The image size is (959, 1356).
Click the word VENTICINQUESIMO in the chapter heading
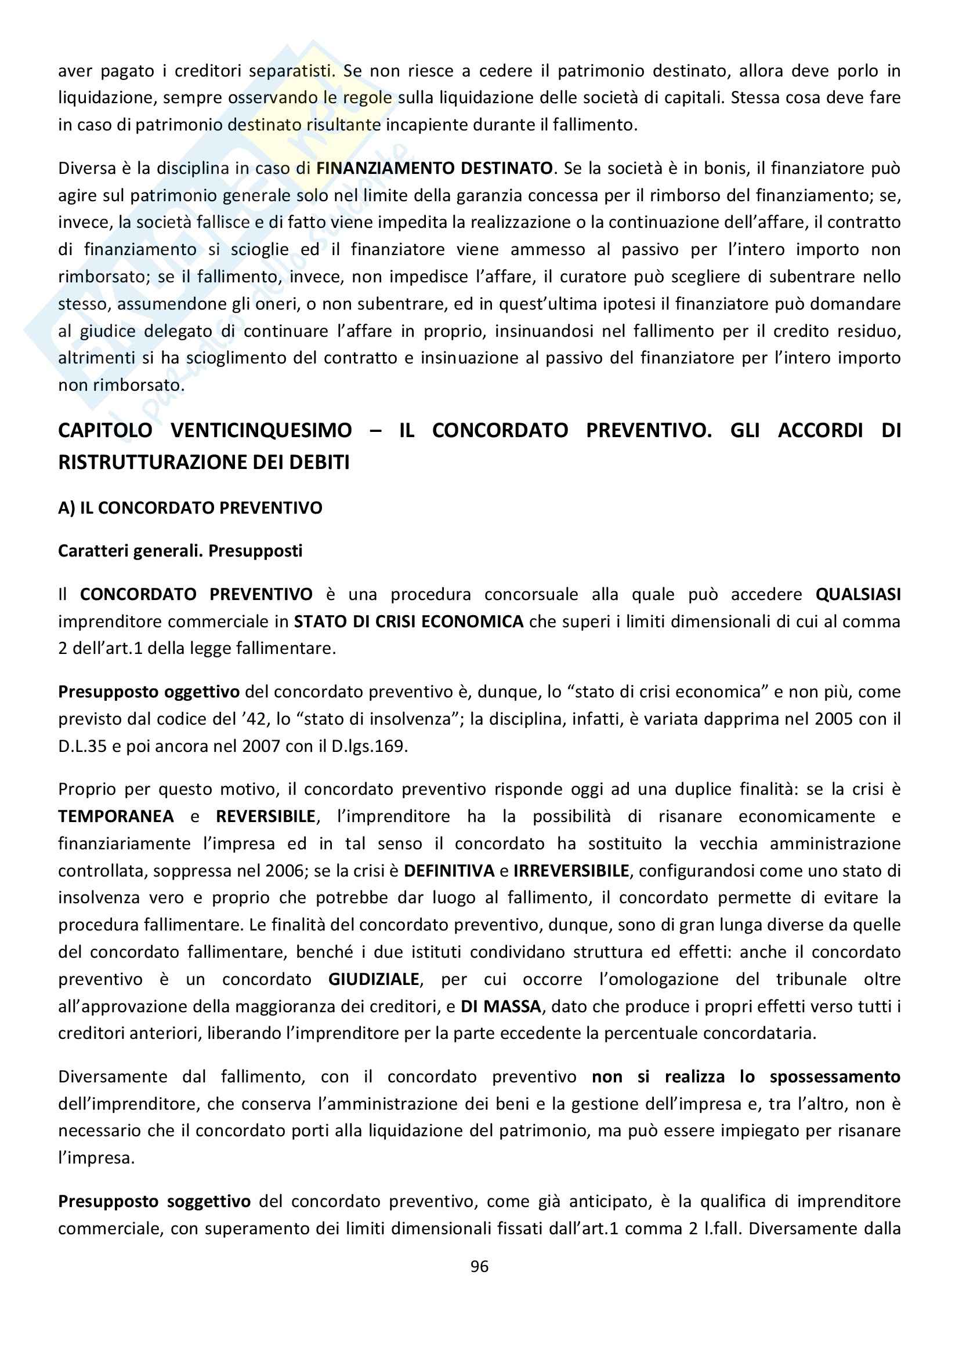click(x=261, y=431)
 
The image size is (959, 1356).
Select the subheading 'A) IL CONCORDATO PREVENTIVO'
click(x=190, y=508)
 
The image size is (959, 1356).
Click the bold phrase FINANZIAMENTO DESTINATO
click(x=435, y=168)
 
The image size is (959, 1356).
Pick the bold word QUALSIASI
click(x=858, y=594)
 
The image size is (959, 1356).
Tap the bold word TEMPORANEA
click(x=116, y=817)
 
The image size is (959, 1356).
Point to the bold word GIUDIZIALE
click(x=374, y=980)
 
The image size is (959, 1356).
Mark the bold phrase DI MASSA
click(x=501, y=1007)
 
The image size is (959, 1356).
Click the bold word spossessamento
click(x=834, y=1077)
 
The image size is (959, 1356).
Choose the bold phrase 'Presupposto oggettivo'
click(x=149, y=692)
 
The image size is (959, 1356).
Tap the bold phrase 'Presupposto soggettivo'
click(x=154, y=1201)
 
